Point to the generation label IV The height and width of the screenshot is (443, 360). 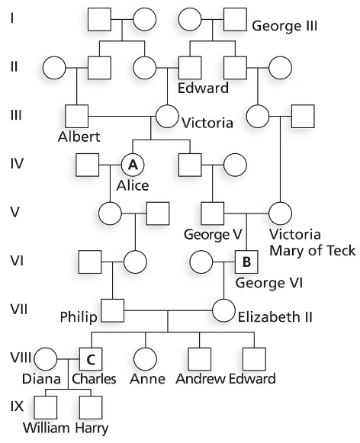click(x=18, y=163)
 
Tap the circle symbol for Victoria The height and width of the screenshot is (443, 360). click(x=167, y=117)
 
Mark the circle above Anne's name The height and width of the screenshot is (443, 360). click(x=146, y=357)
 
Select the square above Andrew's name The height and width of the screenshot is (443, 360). click(x=200, y=357)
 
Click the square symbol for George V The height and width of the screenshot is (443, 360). click(x=212, y=212)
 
